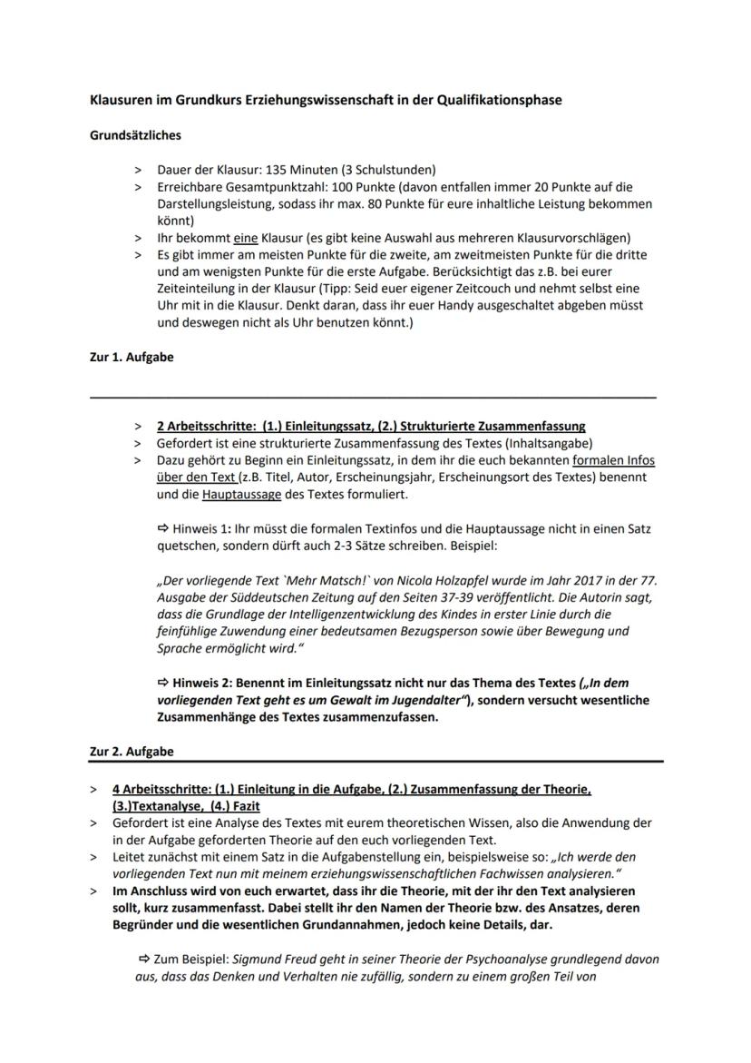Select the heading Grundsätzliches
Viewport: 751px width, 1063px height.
tap(135, 135)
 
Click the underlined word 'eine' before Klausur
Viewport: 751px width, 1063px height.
tap(245, 238)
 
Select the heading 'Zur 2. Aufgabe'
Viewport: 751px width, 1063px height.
tap(132, 752)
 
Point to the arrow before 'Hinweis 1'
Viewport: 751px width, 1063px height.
tap(164, 528)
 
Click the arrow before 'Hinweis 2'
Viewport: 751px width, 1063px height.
tap(164, 683)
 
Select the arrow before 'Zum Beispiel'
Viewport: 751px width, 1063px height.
tap(144, 960)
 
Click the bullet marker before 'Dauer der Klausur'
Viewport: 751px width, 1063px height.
tap(138, 170)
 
